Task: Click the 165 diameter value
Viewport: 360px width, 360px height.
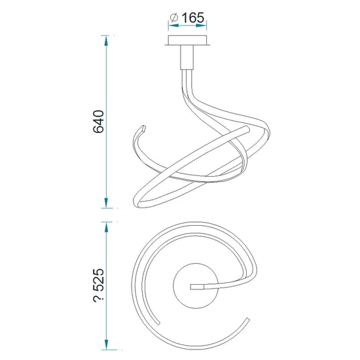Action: tap(192, 18)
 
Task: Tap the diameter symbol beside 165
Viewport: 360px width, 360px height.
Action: tap(174, 18)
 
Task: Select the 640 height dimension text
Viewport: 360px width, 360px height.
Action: tap(98, 122)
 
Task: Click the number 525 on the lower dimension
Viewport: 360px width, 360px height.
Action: tap(98, 279)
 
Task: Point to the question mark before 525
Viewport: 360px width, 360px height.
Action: tap(99, 298)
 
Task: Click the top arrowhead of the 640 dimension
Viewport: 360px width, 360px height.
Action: tap(106, 41)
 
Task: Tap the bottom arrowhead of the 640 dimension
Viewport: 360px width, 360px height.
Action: tap(106, 203)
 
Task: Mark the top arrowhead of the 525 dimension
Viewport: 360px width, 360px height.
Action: tap(106, 227)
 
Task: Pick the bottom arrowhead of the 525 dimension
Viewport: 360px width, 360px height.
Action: tap(106, 344)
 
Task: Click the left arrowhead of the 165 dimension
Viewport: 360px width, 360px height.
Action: tap(173, 26)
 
